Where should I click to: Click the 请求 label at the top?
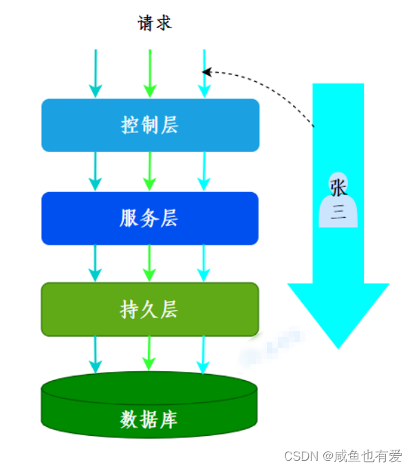point(155,23)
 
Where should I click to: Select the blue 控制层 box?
point(150,125)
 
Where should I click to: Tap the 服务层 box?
point(150,218)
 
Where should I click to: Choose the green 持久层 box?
point(150,309)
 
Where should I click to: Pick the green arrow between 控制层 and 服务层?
point(150,171)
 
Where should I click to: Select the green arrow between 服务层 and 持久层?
point(150,263)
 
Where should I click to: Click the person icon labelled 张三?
point(338,200)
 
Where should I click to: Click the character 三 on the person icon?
point(338,212)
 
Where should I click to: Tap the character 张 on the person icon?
point(338,187)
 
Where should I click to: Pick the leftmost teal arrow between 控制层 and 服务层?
point(96,171)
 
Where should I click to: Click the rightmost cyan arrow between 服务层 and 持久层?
point(204,263)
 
